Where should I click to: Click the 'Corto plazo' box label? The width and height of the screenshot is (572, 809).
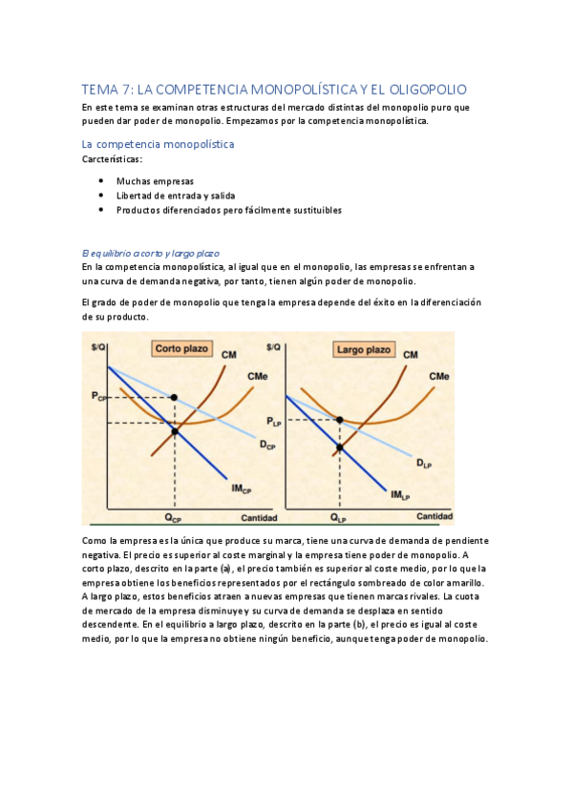point(180,349)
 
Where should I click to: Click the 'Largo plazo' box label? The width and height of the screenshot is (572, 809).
point(364,349)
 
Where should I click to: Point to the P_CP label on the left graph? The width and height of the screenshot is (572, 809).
point(100,395)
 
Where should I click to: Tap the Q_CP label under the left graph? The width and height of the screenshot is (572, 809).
point(172,519)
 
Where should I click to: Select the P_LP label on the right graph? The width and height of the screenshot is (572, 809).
point(275,421)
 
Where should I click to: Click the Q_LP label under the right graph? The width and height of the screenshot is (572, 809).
point(339,519)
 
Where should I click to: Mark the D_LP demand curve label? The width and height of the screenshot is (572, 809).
point(426,464)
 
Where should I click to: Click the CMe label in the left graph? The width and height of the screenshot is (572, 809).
point(257,377)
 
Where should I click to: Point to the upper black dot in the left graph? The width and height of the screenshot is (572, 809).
point(174,396)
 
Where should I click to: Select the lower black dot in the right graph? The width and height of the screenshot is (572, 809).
point(339,446)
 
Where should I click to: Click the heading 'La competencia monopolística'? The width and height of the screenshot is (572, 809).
point(159,144)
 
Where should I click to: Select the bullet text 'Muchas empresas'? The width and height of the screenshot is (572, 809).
point(155,180)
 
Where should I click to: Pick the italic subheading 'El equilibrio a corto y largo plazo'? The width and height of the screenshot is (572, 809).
point(151,253)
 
